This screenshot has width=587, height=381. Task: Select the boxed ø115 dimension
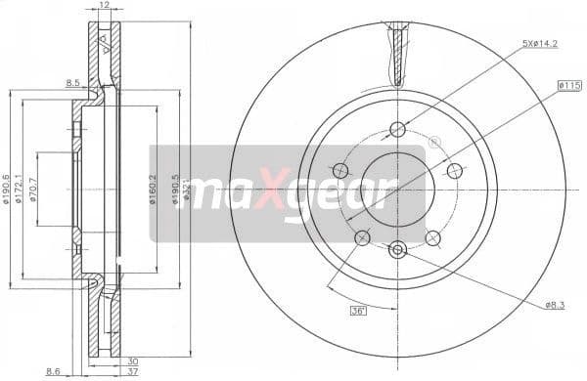569,86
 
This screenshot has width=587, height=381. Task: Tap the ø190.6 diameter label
8,187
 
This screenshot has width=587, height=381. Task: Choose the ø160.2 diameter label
153,187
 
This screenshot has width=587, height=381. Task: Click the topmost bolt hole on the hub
396,129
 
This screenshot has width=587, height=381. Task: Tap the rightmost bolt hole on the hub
454,170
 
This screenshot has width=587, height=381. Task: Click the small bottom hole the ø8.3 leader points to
396,250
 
